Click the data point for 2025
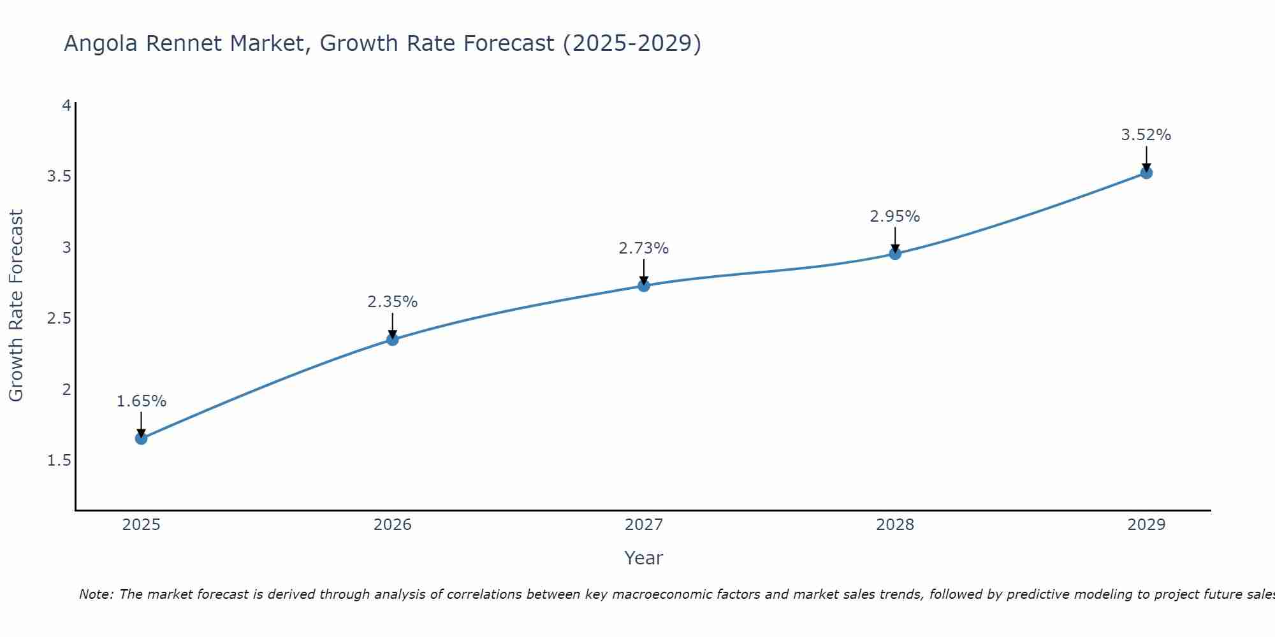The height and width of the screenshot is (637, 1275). [x=141, y=438]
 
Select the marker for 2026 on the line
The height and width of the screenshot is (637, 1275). [x=393, y=340]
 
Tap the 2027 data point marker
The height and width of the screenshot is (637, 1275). [x=644, y=285]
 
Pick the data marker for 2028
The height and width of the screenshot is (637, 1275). [x=895, y=254]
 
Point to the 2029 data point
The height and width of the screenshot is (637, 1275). [x=1146, y=173]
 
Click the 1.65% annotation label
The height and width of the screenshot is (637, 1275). [x=141, y=401]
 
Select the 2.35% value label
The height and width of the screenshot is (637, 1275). [x=393, y=302]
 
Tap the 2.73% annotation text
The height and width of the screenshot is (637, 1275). [x=644, y=248]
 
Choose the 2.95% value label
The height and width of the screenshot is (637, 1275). [x=895, y=217]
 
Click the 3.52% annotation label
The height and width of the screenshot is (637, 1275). [x=1146, y=135]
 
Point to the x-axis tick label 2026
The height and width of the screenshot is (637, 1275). [x=393, y=525]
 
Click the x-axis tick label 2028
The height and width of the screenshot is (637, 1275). [x=895, y=525]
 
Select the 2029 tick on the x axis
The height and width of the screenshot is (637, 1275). [x=1146, y=525]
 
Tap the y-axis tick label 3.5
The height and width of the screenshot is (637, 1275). [x=59, y=176]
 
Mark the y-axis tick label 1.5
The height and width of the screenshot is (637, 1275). [x=59, y=461]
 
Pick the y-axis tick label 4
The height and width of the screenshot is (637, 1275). [x=66, y=106]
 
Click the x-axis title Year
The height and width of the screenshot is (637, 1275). [x=644, y=558]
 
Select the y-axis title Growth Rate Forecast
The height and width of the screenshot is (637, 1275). [x=16, y=306]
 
